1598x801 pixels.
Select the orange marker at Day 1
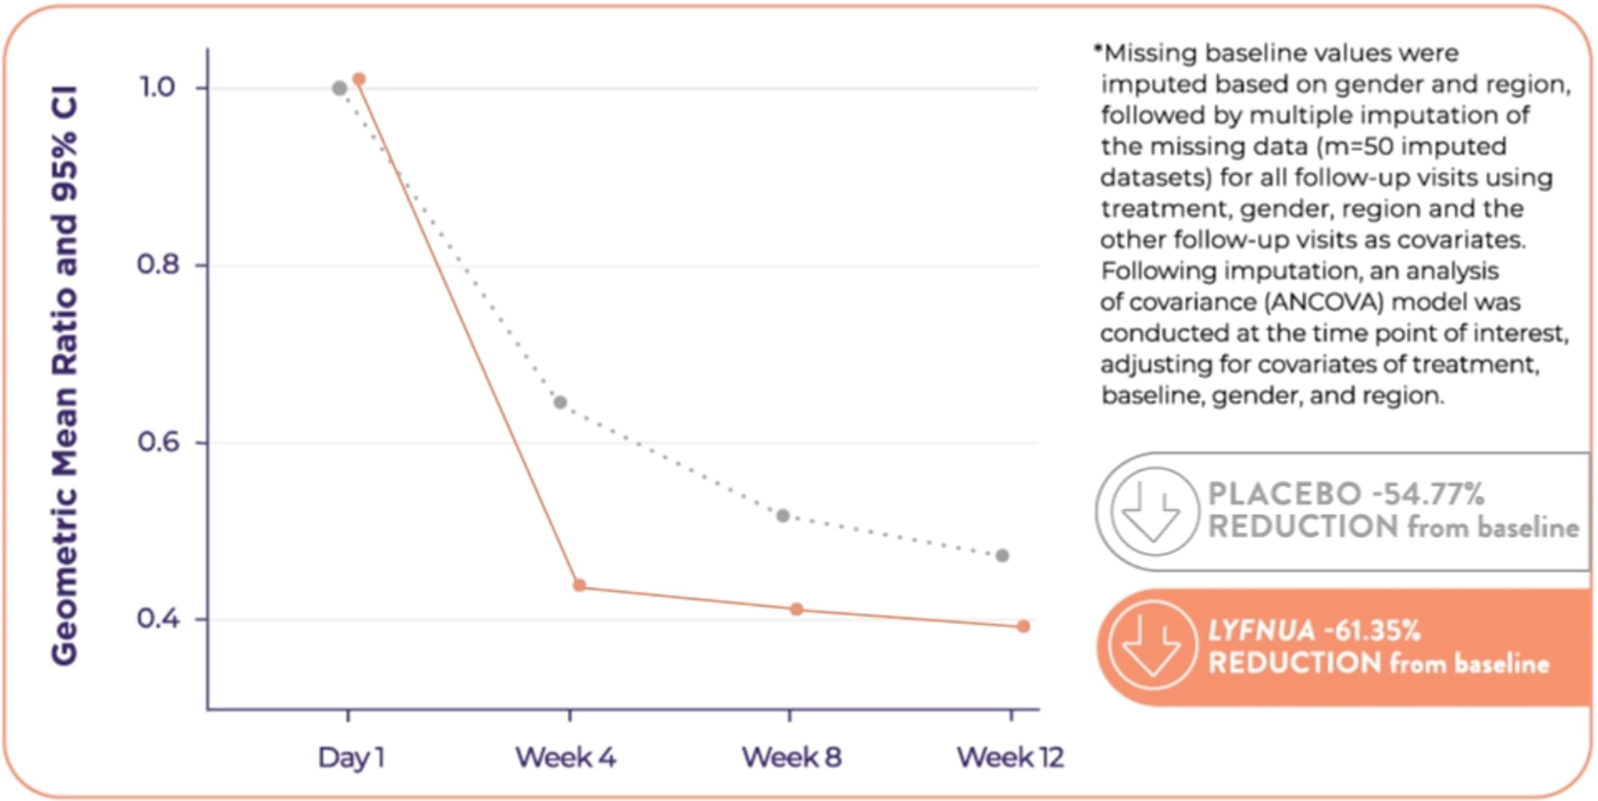(x=359, y=79)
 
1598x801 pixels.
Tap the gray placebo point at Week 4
(x=560, y=402)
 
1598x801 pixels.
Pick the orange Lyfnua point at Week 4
(x=579, y=585)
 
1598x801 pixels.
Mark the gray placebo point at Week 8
(x=783, y=516)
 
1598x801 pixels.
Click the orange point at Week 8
(x=797, y=610)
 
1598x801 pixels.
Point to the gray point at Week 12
(x=1002, y=555)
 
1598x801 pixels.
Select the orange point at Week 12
(x=1024, y=627)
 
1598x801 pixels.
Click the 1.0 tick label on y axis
(x=157, y=87)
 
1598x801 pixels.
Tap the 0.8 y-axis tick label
(x=157, y=265)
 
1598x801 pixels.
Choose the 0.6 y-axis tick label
(x=157, y=442)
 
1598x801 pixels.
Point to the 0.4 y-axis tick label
(x=157, y=619)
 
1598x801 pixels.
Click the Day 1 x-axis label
(x=351, y=758)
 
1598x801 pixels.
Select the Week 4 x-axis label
(x=566, y=758)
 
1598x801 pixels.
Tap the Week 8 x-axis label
(x=792, y=758)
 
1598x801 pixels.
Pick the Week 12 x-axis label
(x=1010, y=758)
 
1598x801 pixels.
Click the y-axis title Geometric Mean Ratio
(x=65, y=375)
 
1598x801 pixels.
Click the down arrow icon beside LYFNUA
(x=1153, y=646)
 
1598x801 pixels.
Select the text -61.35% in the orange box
(x=1371, y=631)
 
